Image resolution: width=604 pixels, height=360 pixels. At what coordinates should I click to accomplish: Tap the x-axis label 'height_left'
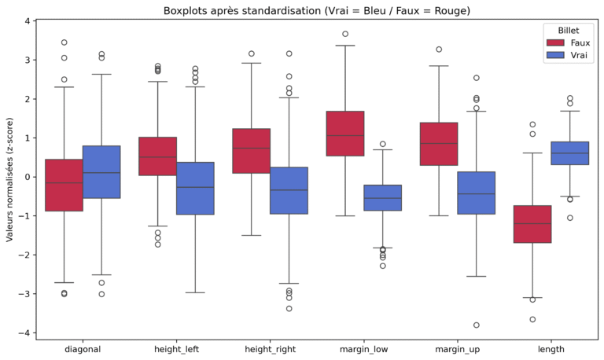point(173,347)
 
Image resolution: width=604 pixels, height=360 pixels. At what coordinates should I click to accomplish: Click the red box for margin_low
point(344,133)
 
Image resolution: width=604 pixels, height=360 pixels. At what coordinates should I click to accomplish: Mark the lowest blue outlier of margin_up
point(477,325)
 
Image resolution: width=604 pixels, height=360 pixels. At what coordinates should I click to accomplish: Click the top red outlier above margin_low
point(344,34)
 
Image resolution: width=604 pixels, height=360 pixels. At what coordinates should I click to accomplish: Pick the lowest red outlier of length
point(532,319)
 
